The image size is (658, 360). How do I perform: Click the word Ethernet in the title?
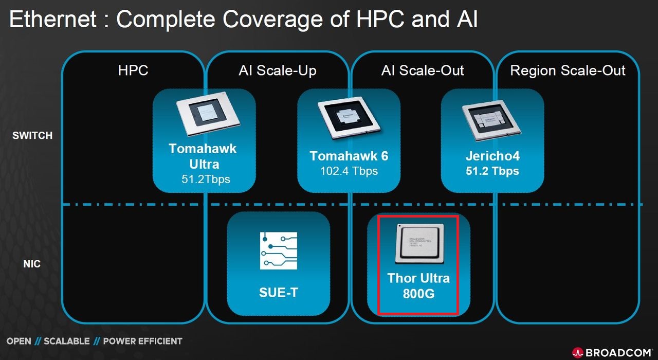pyautogui.click(x=53, y=20)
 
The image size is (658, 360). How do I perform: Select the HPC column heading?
pyautogui.click(x=133, y=70)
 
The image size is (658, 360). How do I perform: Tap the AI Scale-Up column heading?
pyautogui.click(x=278, y=70)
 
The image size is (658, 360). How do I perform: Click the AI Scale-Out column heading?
pyautogui.click(x=423, y=70)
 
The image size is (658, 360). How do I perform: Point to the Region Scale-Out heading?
pyautogui.click(x=568, y=70)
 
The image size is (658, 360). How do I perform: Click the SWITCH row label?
pyautogui.click(x=33, y=136)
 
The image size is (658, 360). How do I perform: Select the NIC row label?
pyautogui.click(x=32, y=264)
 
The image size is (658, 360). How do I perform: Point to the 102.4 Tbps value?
pyautogui.click(x=349, y=171)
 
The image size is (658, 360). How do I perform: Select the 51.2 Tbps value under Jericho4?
pyautogui.click(x=492, y=171)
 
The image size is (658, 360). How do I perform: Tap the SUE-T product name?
pyautogui.click(x=278, y=293)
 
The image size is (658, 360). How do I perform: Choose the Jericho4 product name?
pyautogui.click(x=492, y=156)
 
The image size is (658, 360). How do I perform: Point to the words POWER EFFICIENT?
pyautogui.click(x=142, y=341)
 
